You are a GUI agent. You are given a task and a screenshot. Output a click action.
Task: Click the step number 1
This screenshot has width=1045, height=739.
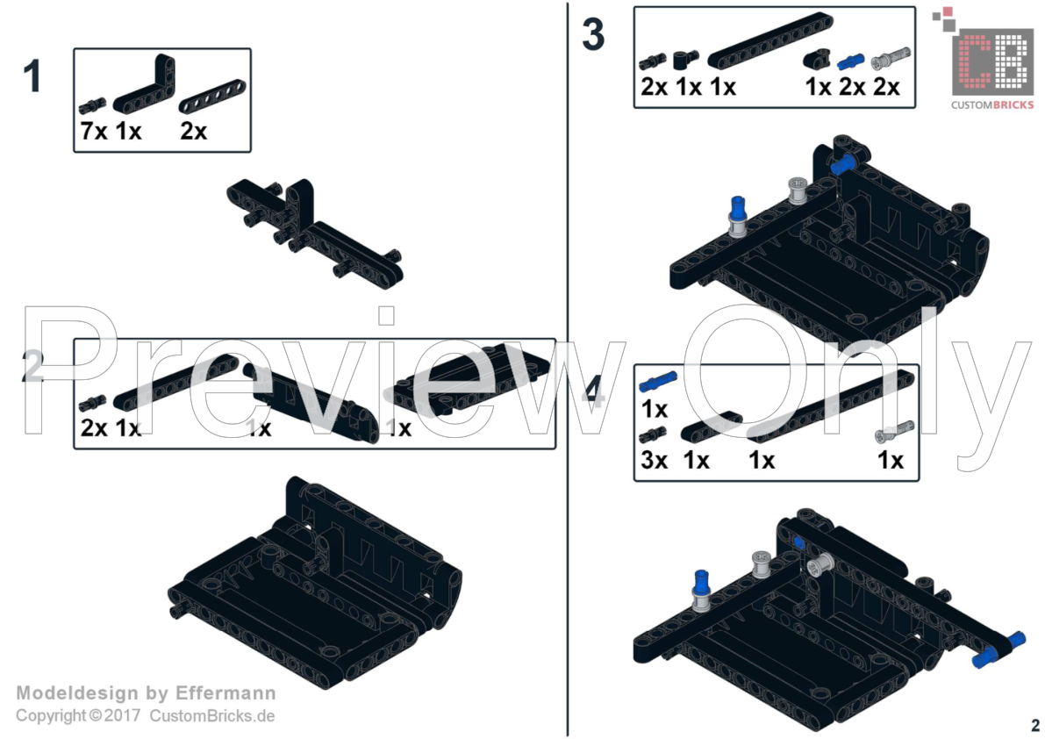pos(32,77)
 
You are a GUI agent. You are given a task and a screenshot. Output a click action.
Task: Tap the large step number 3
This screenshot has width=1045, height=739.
pos(593,36)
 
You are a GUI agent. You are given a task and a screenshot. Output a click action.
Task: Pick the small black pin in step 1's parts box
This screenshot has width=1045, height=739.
pos(92,106)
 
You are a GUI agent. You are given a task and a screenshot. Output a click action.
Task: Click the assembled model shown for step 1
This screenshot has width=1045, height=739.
pos(316,231)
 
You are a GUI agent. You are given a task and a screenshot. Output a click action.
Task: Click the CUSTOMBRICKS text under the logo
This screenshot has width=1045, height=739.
pos(993,105)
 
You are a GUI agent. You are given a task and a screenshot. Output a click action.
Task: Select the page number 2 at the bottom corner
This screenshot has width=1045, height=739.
pos(1035,725)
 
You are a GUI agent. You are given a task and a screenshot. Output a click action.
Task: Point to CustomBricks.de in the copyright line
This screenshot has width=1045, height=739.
pos(211,715)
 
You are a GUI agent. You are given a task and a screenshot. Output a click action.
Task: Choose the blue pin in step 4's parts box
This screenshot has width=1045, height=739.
pos(658,381)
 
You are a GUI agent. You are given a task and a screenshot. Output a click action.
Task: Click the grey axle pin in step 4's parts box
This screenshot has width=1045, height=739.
pos(891,432)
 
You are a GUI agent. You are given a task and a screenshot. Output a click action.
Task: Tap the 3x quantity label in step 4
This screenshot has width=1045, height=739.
pos(654,460)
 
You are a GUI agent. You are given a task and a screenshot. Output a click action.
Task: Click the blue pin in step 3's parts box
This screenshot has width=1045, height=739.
pos(848,61)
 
